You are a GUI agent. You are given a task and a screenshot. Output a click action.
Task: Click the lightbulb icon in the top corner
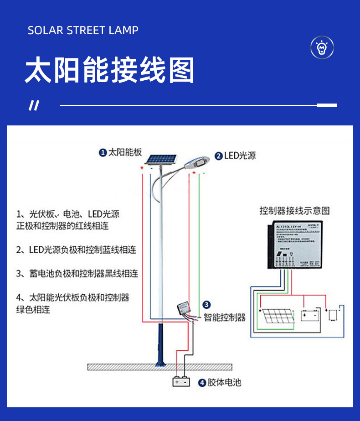tap(322, 47)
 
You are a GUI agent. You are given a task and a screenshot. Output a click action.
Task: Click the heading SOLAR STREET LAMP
tap(83, 31)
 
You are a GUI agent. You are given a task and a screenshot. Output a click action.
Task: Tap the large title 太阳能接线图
tap(109, 70)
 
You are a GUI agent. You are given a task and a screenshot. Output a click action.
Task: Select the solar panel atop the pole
tap(161, 159)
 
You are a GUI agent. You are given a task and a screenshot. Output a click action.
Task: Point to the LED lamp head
tap(197, 162)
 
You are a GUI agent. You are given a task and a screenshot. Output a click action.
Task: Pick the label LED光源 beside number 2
tap(240, 156)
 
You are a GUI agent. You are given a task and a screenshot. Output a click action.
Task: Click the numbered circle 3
tap(206, 305)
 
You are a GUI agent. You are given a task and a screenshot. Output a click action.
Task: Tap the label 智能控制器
tap(224, 317)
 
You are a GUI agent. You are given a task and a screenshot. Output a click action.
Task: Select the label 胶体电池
tap(224, 382)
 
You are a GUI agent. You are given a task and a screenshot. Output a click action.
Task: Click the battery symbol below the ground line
tap(181, 381)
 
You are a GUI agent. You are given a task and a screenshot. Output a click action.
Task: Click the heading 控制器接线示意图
tap(294, 211)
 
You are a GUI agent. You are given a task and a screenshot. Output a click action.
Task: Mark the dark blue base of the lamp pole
tap(159, 344)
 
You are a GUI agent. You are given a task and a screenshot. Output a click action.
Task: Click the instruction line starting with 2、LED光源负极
tap(77, 250)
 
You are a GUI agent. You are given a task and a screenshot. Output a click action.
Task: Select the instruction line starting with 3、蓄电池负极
tap(77, 274)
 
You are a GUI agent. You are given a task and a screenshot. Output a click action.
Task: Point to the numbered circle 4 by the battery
tap(202, 383)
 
